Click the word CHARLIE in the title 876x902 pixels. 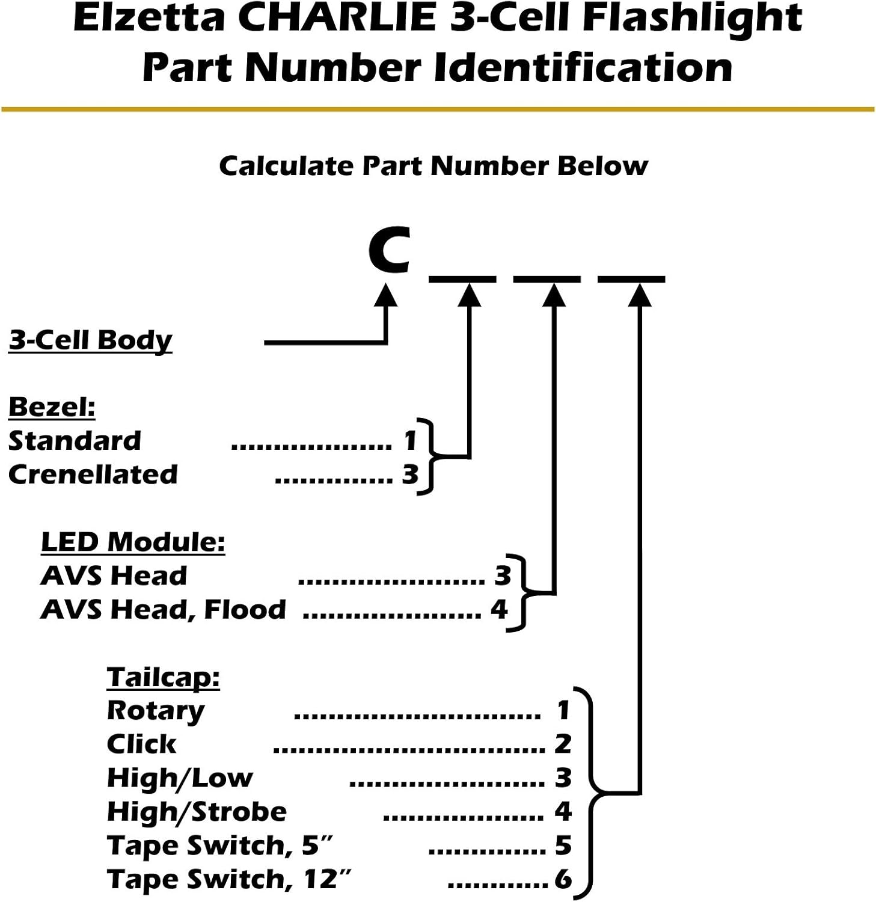340,17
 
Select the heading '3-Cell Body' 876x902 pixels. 90,340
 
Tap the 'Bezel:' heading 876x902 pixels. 52,407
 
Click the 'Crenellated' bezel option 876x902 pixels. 93,474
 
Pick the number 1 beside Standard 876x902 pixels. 410,441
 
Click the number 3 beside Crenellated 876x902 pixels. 410,474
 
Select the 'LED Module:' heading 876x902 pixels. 133,542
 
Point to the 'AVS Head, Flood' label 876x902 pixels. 163,610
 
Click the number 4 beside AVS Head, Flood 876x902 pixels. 499,610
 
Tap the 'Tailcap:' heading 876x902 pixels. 163,677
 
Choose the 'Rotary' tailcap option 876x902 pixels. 156,711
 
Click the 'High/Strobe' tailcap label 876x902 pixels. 197,812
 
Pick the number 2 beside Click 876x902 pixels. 563,744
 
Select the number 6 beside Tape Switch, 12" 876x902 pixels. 563,879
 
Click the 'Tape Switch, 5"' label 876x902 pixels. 220,845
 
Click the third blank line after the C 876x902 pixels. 631,279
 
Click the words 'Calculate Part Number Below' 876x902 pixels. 433,167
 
